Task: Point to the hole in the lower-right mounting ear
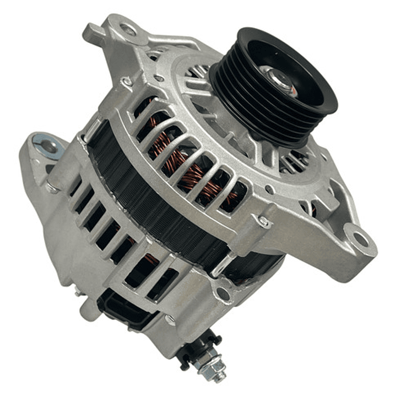pyautogui.click(x=360, y=238)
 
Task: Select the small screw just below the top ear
pyautogui.click(x=127, y=82)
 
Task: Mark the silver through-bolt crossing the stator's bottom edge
pyautogui.click(x=220, y=264)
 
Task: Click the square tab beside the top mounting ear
pyautogui.click(x=93, y=33)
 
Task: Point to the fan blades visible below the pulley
pyautogui.click(x=292, y=160)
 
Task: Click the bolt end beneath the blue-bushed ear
pyautogui.click(x=52, y=187)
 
